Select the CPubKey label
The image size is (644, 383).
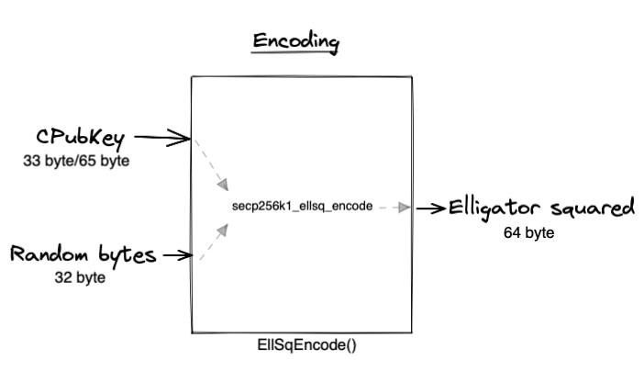tap(81, 139)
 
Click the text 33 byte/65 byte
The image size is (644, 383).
tap(76, 161)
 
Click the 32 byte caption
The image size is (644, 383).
tap(79, 276)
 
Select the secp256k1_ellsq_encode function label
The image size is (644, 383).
tap(303, 207)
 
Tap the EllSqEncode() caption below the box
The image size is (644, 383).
tap(301, 346)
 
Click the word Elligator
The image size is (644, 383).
tap(494, 208)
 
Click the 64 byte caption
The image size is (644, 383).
tap(529, 232)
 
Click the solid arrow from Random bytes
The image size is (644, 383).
tap(174, 255)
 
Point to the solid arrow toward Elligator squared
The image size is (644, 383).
tap(431, 208)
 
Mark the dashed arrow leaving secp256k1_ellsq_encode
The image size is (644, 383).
tap(393, 208)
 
